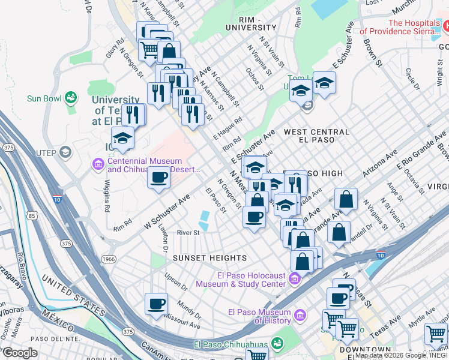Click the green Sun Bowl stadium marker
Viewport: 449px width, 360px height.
click(x=71, y=97)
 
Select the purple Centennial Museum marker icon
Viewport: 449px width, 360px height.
click(x=98, y=164)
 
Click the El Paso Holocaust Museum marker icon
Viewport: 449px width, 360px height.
click(x=295, y=279)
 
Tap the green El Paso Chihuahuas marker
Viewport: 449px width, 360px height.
click(x=277, y=344)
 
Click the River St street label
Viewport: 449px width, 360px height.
click(x=187, y=233)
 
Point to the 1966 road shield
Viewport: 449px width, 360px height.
click(x=108, y=259)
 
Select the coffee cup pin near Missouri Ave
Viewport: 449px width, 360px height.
click(x=156, y=304)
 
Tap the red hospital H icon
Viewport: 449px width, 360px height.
click(x=447, y=26)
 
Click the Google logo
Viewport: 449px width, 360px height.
click(x=20, y=353)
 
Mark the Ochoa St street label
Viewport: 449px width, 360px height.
click(x=255, y=78)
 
